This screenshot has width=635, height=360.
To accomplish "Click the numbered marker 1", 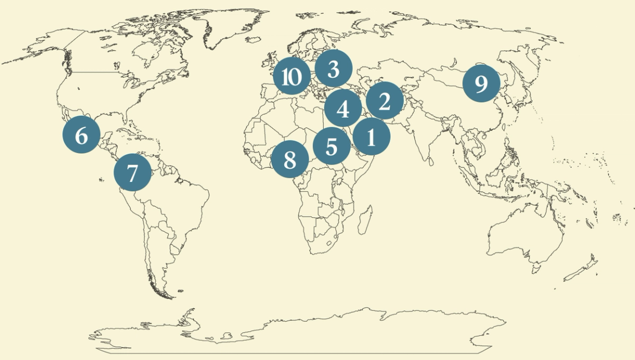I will (371, 136).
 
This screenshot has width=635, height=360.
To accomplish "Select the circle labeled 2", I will (385, 100).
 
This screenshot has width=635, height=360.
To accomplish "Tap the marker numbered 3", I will (333, 69).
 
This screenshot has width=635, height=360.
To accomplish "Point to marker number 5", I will (331, 147).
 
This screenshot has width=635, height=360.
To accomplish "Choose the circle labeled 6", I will (81, 135).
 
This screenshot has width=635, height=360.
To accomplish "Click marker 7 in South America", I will (132, 173).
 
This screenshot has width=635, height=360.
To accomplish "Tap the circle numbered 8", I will (290, 160).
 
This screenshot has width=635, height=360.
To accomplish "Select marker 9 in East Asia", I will (481, 84).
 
